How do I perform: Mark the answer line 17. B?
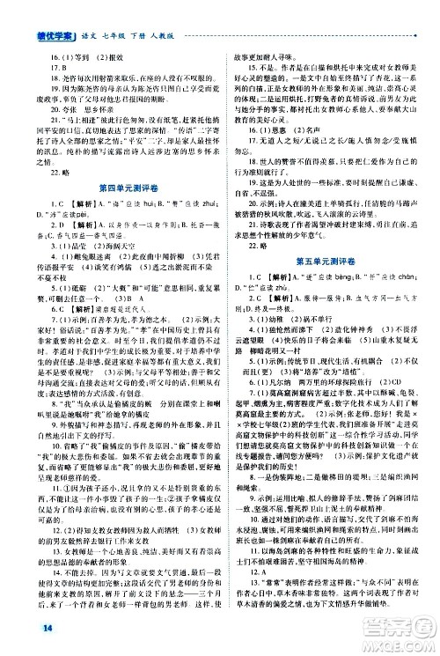coord(36,41)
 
